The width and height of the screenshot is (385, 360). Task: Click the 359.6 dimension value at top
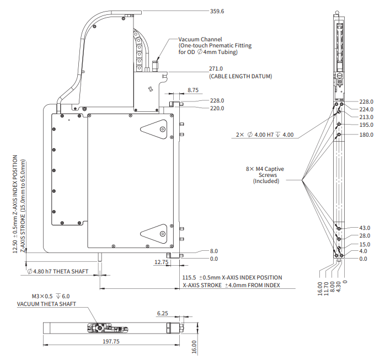[218, 11]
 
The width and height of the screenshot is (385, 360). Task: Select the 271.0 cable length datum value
[216, 68]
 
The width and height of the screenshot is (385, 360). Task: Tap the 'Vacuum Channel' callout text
[200, 40]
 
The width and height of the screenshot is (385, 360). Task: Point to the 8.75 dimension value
[193, 89]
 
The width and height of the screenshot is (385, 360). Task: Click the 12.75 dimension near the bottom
[161, 262]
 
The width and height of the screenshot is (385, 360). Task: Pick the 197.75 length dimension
[111, 341]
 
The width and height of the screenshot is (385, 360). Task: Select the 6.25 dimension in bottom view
[163, 313]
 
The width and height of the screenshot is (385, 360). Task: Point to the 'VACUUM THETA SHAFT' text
[46, 304]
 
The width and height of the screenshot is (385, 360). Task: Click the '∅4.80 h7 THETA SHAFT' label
[57, 271]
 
